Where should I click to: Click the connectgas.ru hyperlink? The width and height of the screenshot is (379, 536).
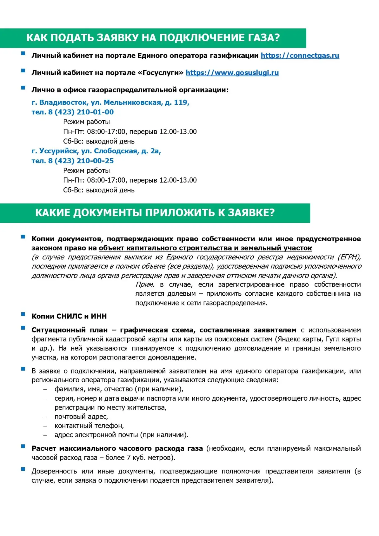(300, 56)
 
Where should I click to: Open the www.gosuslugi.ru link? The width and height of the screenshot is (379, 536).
(232, 73)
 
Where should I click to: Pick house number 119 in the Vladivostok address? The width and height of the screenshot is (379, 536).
(180, 102)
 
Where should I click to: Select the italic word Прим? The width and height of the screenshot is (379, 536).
(145, 285)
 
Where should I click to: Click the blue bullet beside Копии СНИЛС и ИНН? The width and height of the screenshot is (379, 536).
(23, 314)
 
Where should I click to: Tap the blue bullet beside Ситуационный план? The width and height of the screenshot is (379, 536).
(23, 328)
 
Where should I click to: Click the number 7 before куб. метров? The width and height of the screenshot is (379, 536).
(129, 458)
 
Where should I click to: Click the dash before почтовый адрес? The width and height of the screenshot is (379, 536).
(45, 417)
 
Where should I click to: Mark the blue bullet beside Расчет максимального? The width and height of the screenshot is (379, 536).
(23, 446)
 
